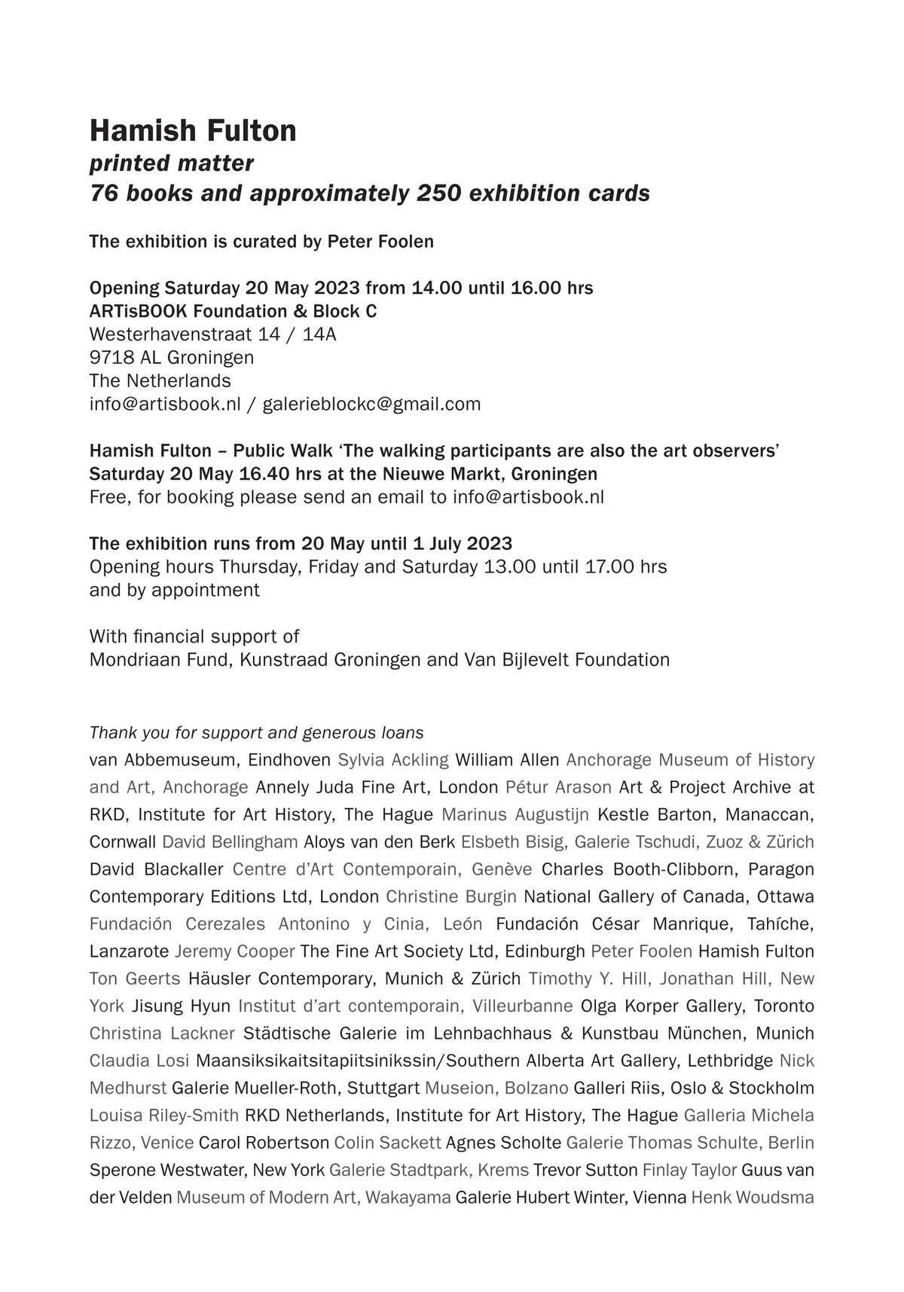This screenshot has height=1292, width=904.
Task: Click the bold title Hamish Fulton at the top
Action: (x=193, y=131)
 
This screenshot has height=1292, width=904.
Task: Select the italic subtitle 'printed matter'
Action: (x=172, y=163)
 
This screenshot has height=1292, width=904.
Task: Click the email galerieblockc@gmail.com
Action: (x=371, y=405)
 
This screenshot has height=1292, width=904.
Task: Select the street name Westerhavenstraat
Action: (x=167, y=334)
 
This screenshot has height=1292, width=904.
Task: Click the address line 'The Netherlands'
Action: (x=160, y=380)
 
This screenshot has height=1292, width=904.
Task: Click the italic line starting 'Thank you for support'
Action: (x=256, y=733)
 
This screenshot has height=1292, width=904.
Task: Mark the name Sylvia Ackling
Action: (x=393, y=760)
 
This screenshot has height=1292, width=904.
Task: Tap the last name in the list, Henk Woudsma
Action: (x=753, y=1198)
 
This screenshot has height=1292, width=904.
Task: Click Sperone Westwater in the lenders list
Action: (x=168, y=1171)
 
